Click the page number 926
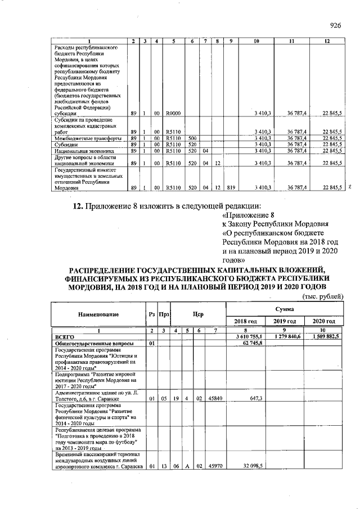pyautogui.click(x=336, y=25)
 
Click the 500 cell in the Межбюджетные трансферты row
pyautogui.click(x=192, y=138)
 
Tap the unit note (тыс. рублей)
pyautogui.click(x=322, y=296)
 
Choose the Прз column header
pyautogui.click(x=165, y=313)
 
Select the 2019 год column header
pyautogui.click(x=284, y=321)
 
